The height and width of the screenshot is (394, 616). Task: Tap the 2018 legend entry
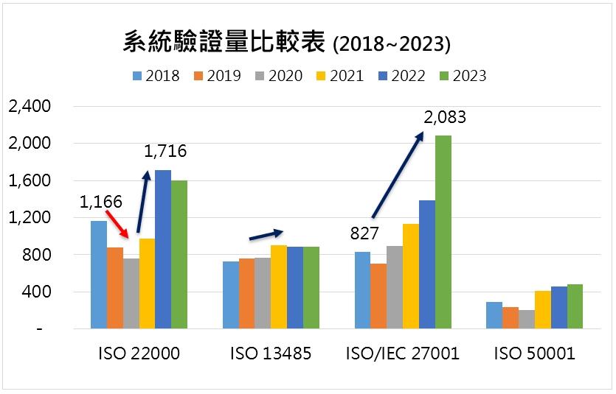[155, 76]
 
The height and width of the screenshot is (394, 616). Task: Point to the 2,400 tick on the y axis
[29, 106]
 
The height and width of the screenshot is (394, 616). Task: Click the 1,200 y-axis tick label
[29, 218]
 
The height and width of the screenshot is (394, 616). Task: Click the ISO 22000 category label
[139, 354]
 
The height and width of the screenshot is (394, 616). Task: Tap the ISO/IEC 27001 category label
[402, 354]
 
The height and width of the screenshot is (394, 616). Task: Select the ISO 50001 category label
[535, 354]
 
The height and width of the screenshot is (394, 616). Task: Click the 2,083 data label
[445, 117]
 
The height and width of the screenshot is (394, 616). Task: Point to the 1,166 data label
[102, 200]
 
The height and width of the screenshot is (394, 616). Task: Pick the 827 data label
[364, 234]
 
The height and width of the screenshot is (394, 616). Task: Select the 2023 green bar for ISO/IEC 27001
[443, 232]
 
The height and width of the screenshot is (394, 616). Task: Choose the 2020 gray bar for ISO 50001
[526, 320]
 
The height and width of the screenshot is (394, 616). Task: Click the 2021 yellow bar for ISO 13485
[279, 286]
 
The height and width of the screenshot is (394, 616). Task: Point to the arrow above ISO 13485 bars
[266, 234]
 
